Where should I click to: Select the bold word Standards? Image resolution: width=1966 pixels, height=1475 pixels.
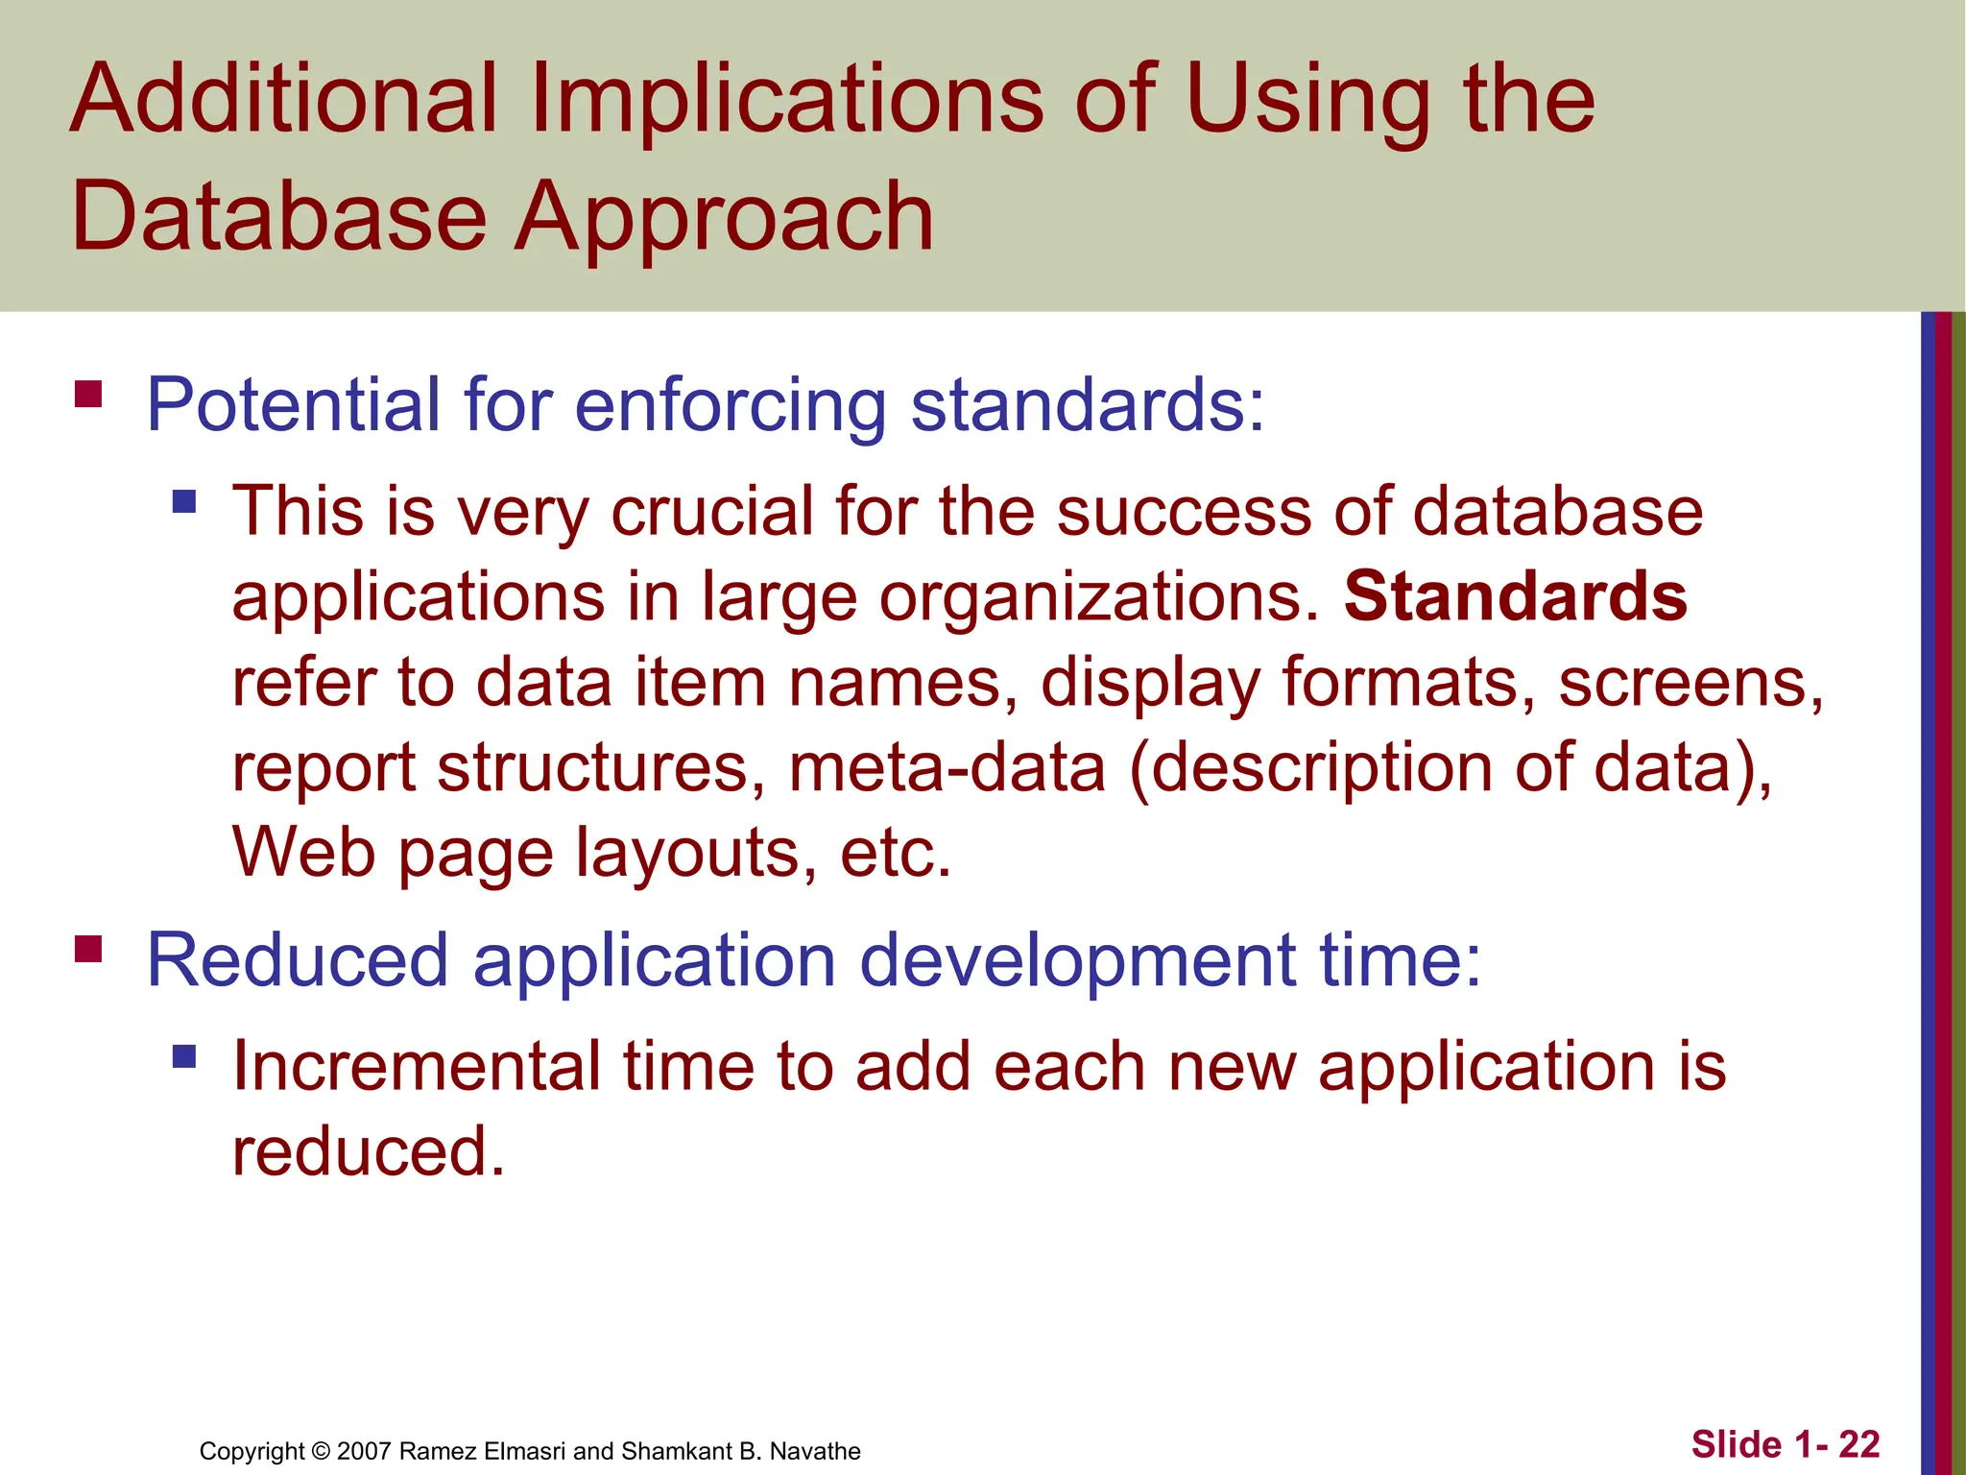click(1515, 596)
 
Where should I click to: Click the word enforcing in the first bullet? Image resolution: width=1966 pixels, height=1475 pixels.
click(730, 404)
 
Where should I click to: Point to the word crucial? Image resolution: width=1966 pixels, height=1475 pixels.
click(711, 511)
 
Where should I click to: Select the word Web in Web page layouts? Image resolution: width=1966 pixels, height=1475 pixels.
click(303, 852)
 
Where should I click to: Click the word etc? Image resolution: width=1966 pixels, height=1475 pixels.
click(895, 854)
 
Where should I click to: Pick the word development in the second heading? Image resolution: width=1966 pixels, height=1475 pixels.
click(1077, 959)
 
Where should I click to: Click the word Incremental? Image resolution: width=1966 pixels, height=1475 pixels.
click(416, 1066)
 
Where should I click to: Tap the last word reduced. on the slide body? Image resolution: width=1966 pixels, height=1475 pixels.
click(368, 1151)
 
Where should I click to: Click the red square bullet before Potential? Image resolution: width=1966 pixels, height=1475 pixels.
click(88, 394)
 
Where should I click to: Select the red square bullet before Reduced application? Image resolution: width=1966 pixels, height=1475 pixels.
click(88, 949)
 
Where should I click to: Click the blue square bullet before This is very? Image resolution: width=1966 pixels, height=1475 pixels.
click(184, 501)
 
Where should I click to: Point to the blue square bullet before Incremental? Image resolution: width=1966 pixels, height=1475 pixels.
click(184, 1056)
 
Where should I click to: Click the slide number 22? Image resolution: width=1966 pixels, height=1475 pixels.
click(1859, 1444)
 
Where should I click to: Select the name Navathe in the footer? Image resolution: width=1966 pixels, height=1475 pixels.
click(815, 1451)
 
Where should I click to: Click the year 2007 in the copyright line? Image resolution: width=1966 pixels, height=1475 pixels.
click(364, 1451)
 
